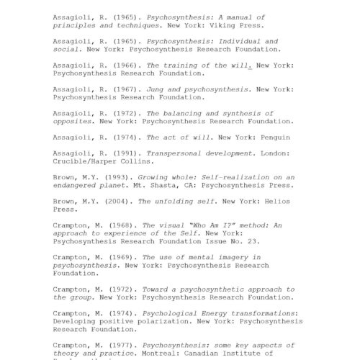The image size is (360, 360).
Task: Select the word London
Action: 258,153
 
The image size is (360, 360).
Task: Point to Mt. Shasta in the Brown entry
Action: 145,184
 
